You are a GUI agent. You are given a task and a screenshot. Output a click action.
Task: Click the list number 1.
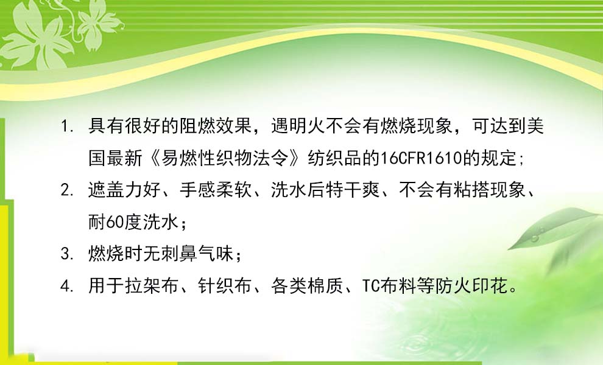(67, 127)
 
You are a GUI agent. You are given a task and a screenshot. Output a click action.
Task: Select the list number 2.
(67, 190)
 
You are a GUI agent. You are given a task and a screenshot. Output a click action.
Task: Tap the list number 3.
(67, 254)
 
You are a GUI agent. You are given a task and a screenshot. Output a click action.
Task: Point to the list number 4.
(67, 287)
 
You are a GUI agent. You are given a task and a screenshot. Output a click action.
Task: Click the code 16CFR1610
(421, 158)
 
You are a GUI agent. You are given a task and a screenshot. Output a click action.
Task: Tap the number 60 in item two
(115, 222)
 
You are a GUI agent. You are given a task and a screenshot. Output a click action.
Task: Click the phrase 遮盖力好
(124, 190)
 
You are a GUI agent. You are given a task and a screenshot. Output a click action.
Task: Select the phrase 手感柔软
(216, 190)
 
